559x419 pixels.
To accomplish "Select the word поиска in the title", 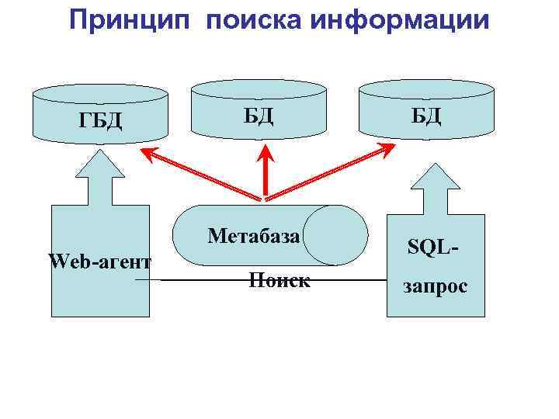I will [x=252, y=20].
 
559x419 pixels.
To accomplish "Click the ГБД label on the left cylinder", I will [x=100, y=121].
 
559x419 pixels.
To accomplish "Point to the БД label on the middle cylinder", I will [x=259, y=116].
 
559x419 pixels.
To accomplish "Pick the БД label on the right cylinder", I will [x=426, y=116].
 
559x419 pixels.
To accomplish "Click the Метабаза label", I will [x=254, y=235].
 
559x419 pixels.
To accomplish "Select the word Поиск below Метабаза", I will [x=279, y=280].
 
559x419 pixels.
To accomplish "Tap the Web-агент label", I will [x=99, y=261].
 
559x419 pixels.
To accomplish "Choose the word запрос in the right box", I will [x=435, y=286].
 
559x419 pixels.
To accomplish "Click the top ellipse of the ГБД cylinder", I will [x=100, y=94].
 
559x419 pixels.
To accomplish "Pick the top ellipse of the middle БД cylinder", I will [x=259, y=88].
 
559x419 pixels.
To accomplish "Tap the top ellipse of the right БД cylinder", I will [x=425, y=88].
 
